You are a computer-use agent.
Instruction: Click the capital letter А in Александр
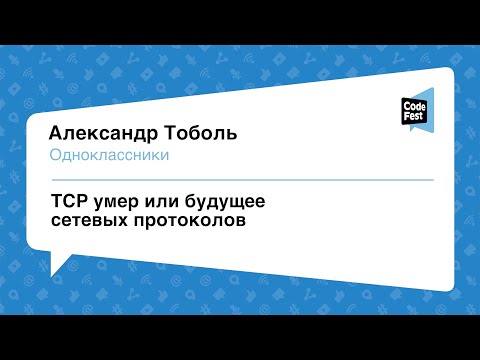57,135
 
